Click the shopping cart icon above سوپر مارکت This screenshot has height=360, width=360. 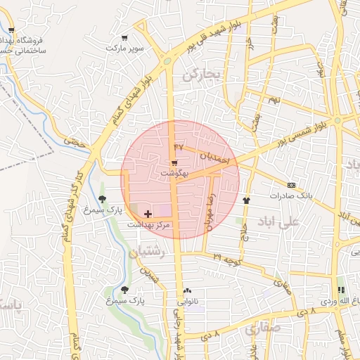[124, 38]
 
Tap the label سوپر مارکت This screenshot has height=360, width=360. [124, 49]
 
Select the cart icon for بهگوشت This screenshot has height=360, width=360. [174, 162]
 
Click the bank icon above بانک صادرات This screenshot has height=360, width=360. [292, 186]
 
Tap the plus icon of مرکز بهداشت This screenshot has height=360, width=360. [148, 213]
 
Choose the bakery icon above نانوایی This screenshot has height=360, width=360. [187, 290]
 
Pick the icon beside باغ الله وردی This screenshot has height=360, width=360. [341, 290]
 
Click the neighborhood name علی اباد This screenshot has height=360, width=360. [279, 221]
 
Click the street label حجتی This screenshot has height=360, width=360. [74, 141]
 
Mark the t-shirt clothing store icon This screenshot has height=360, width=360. [246, 200]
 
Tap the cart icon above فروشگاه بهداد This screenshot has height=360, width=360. [11, 30]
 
